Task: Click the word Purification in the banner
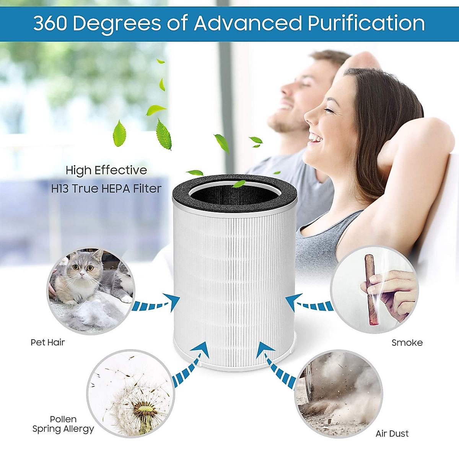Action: coord(366,23)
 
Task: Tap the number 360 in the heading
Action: coord(50,23)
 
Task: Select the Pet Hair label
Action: coord(48,342)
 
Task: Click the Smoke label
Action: coord(407,343)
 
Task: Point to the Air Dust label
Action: coord(392,434)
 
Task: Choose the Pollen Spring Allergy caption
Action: coord(63,424)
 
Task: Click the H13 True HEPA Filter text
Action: coord(106,189)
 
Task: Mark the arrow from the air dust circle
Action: coord(275,363)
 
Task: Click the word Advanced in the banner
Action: coord(248,23)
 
